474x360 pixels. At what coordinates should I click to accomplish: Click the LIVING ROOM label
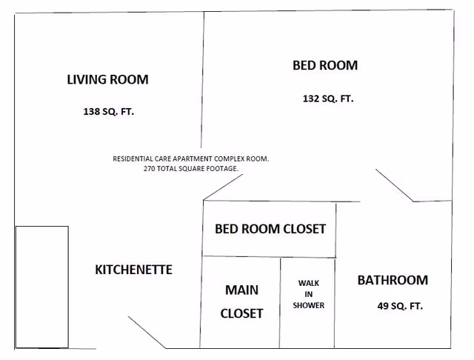(x=107, y=79)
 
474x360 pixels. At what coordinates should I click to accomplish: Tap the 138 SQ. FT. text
(x=109, y=112)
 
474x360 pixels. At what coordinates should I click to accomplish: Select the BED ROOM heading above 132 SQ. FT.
(x=325, y=65)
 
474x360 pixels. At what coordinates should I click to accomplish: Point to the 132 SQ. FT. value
(x=328, y=99)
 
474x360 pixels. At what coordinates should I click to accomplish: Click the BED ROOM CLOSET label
(x=270, y=229)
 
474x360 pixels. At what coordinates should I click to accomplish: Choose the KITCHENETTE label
(x=133, y=270)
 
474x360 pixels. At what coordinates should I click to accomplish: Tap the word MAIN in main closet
(x=242, y=290)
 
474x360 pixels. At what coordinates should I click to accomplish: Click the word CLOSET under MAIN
(x=241, y=313)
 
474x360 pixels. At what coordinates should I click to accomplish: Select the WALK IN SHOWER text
(x=308, y=294)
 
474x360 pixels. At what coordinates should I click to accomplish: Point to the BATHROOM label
(x=393, y=280)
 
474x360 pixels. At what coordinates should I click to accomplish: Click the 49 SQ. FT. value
(x=400, y=306)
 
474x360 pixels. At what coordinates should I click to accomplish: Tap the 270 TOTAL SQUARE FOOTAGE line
(x=191, y=169)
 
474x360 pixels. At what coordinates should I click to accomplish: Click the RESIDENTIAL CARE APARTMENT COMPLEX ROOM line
(x=191, y=159)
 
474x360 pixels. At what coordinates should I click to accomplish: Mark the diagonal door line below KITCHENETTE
(x=147, y=333)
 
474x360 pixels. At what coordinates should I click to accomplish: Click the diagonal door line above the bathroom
(x=395, y=185)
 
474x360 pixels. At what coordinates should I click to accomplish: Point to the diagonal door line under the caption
(x=223, y=187)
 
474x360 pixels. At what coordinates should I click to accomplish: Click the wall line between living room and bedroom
(x=202, y=80)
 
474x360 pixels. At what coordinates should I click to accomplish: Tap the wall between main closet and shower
(x=280, y=303)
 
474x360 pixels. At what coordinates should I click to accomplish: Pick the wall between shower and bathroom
(x=335, y=303)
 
